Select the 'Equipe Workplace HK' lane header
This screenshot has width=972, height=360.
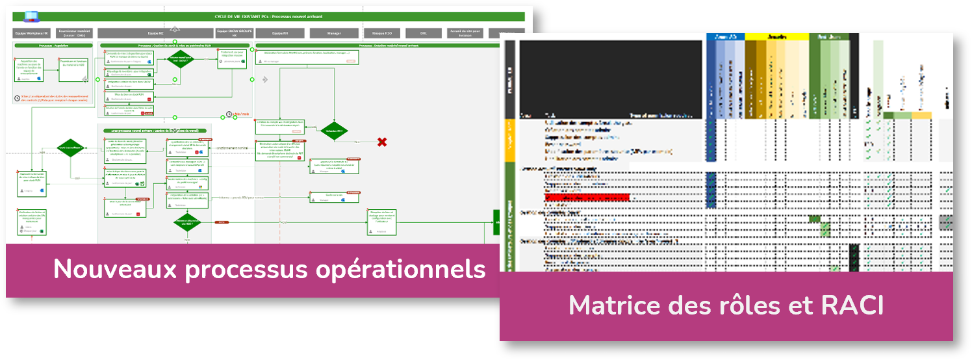tap(32, 33)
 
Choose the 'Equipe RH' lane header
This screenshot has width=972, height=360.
tap(280, 33)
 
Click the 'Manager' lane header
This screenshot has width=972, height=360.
tap(334, 33)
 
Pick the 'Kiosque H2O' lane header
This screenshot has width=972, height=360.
tap(382, 33)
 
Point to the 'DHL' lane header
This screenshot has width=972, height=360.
tap(423, 33)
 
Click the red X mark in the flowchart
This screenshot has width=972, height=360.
tap(382, 142)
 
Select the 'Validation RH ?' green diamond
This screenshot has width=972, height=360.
tap(335, 130)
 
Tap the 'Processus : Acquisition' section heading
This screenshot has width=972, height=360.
tap(54, 46)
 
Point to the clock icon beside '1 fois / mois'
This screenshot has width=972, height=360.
tap(229, 114)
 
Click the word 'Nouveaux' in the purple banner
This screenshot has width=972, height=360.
tap(100, 269)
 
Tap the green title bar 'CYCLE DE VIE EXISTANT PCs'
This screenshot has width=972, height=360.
tap(268, 16)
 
